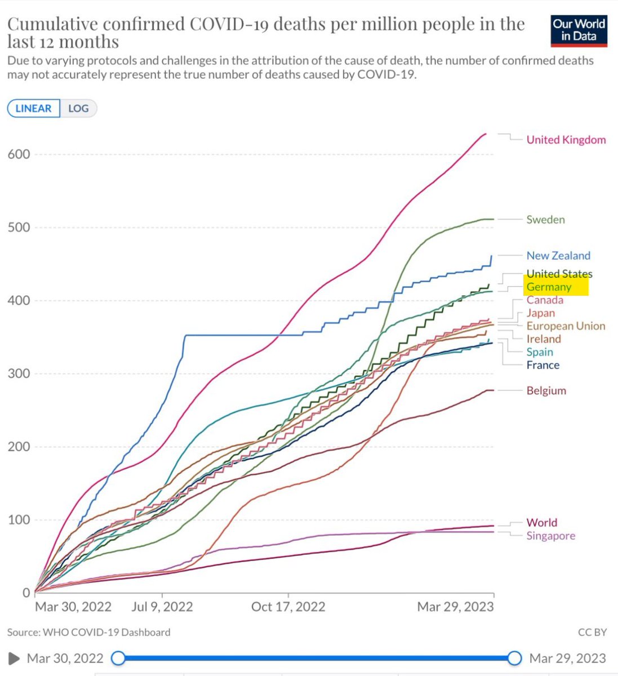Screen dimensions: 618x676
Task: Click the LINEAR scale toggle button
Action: click(x=33, y=109)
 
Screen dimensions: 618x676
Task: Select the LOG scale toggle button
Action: click(x=78, y=109)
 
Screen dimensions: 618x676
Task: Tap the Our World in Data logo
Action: click(x=579, y=30)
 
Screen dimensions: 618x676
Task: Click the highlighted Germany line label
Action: click(x=549, y=287)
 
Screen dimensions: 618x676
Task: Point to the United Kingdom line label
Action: click(x=566, y=140)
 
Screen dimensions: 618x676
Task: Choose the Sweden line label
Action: click(x=545, y=219)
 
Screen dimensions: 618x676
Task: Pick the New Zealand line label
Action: click(x=558, y=255)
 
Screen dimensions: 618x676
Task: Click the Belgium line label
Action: click(x=546, y=390)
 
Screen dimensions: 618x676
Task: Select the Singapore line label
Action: click(x=551, y=536)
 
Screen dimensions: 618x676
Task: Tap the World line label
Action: click(x=542, y=522)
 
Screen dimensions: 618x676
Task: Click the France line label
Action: click(x=543, y=365)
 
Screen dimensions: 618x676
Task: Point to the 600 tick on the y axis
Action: click(x=19, y=154)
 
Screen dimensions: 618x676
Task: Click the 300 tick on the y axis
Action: click(x=19, y=373)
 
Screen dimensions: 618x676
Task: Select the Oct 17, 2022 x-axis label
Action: click(x=288, y=607)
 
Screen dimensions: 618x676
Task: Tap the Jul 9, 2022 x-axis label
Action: click(x=162, y=607)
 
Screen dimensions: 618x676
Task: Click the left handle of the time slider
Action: click(x=118, y=658)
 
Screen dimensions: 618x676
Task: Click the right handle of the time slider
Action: click(x=514, y=658)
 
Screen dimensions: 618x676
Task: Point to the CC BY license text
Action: click(x=593, y=632)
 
